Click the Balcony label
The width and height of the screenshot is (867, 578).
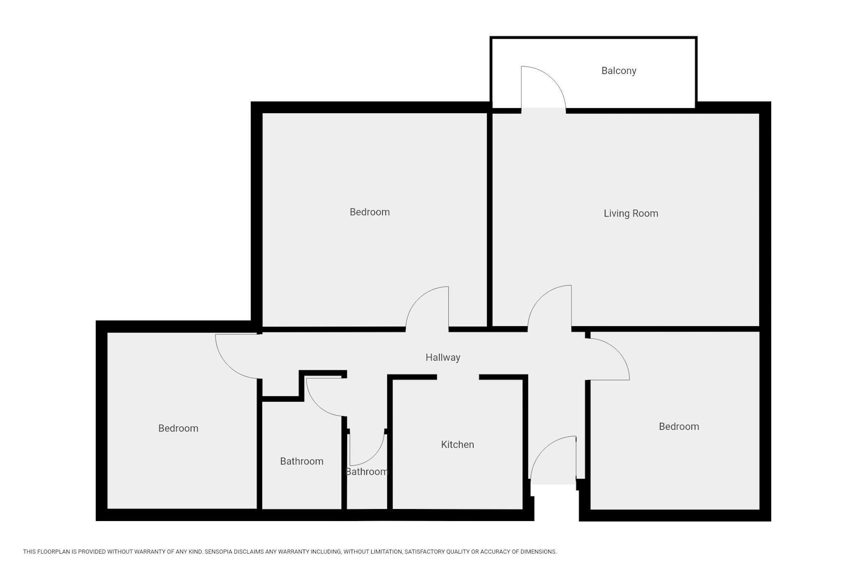[618, 71]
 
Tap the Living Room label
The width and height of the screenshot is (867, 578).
[631, 213]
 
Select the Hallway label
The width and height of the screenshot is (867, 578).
[443, 358]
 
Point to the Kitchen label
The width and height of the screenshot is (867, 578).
[457, 445]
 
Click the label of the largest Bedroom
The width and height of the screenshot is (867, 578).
[370, 212]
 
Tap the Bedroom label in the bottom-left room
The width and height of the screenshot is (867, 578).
[178, 429]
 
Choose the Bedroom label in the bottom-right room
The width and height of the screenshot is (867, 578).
[679, 427]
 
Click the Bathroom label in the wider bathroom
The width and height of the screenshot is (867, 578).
[301, 462]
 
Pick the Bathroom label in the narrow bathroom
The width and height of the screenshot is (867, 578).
[367, 472]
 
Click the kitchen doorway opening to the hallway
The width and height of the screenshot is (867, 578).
[458, 377]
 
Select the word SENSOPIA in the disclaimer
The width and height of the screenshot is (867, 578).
[219, 552]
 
